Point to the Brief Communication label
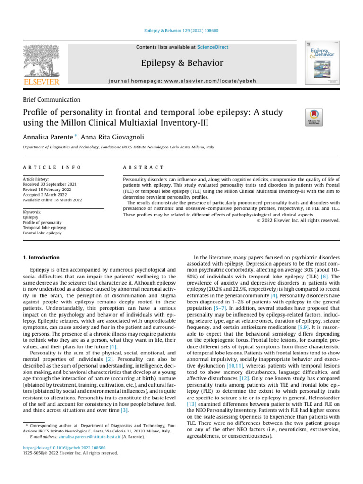click(x=52, y=100)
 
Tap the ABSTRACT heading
click(x=143, y=167)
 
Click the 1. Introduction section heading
click(x=41, y=257)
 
